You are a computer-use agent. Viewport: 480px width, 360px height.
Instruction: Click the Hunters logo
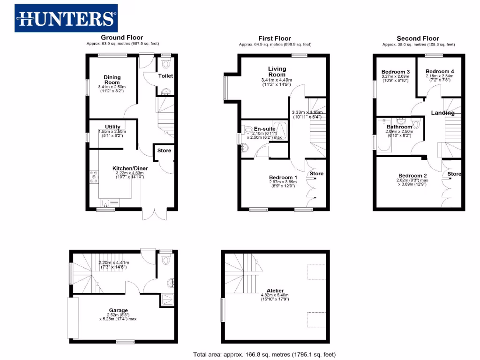click(x=66, y=18)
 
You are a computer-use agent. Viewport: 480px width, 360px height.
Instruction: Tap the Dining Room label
click(x=112, y=80)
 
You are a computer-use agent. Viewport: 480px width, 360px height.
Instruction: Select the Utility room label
click(x=112, y=127)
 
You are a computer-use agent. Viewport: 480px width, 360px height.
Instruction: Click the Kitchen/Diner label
click(x=128, y=169)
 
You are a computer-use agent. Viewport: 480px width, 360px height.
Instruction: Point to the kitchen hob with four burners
click(x=93, y=177)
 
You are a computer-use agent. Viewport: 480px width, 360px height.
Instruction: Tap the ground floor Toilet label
click(x=165, y=76)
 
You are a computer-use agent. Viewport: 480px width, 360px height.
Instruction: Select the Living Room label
click(x=277, y=72)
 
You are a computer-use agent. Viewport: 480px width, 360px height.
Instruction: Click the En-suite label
click(x=262, y=128)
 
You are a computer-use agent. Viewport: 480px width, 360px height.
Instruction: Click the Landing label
click(x=442, y=113)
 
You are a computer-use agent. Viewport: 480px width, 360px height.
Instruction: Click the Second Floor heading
click(x=418, y=38)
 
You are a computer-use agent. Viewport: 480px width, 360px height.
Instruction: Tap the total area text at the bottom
click(x=264, y=354)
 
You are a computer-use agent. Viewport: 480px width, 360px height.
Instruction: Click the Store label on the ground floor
click(x=164, y=150)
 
